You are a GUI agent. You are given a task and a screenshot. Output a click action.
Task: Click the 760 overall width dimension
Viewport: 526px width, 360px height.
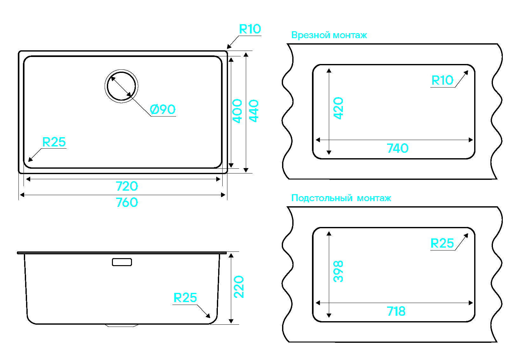127,202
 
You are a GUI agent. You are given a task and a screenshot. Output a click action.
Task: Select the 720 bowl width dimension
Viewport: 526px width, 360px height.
127,186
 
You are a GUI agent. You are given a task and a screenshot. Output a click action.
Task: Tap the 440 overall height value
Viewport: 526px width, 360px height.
254,111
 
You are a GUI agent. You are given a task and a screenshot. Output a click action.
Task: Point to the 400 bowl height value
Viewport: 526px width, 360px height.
238,111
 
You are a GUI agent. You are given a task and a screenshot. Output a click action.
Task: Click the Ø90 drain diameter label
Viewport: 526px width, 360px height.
163,109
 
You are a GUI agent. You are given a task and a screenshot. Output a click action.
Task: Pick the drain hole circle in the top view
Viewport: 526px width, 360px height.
121,86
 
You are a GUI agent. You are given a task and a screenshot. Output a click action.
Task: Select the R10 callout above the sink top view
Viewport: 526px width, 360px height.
250,29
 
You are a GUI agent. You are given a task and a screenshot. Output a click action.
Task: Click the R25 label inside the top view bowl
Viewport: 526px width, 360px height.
54,142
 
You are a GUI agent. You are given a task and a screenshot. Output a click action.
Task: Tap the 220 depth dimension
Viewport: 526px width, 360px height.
239,287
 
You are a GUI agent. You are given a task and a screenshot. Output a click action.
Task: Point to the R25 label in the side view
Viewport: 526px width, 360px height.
185,298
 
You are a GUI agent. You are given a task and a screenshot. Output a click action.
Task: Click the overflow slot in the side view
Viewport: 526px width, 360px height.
122,262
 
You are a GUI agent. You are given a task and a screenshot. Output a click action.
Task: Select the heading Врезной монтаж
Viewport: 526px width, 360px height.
329,35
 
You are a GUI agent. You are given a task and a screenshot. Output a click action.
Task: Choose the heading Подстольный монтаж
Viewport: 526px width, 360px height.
341,198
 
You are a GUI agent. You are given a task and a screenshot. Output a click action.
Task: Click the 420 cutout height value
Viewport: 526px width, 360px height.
338,108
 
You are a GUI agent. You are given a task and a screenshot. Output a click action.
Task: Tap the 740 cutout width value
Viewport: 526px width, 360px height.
397,148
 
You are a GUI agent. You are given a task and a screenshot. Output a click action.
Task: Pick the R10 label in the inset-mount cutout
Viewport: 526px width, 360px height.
442,80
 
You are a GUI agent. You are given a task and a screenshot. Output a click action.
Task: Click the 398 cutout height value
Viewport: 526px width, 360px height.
338,271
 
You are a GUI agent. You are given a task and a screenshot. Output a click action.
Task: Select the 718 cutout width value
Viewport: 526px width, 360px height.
396,311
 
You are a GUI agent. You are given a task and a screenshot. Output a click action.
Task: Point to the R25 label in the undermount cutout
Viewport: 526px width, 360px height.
442,244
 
